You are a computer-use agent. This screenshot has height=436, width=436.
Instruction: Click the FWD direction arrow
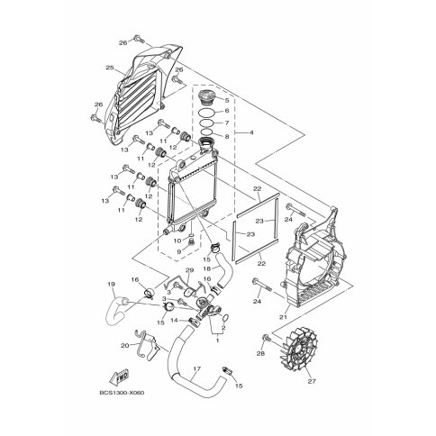pos(120,377)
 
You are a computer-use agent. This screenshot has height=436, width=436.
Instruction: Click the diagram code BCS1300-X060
pos(122,393)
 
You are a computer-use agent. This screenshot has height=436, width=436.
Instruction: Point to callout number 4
pos(251,132)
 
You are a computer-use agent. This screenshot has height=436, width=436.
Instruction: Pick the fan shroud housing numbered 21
pos(315,259)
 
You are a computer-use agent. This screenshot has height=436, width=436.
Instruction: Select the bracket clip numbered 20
pos(147,344)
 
